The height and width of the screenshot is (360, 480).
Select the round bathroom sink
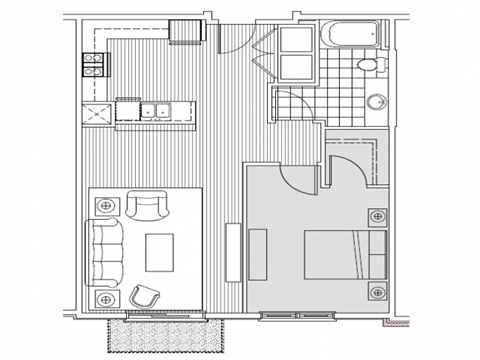pyautogui.click(x=378, y=101)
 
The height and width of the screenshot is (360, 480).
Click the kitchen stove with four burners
pyautogui.click(x=93, y=65)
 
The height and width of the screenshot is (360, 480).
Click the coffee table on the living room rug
pyautogui.click(x=160, y=250)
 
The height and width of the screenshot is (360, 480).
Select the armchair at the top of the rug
pyautogui.click(x=148, y=209)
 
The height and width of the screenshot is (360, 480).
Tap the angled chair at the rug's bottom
pyautogui.click(x=147, y=295)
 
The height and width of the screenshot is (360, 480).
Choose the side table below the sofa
pyautogui.click(x=105, y=298)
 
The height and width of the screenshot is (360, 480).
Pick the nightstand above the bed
pyautogui.click(x=376, y=215)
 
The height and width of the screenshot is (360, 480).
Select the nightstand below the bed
pyautogui.click(x=376, y=292)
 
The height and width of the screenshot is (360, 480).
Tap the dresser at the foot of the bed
pyautogui.click(x=257, y=254)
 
